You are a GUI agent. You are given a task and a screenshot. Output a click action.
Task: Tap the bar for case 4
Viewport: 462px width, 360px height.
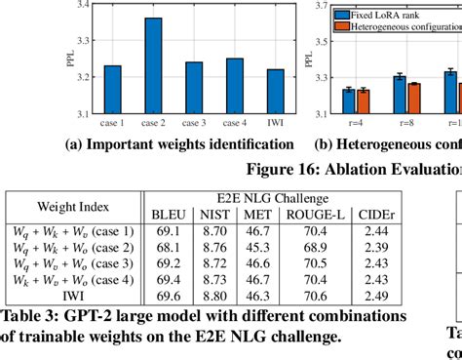click(235, 87)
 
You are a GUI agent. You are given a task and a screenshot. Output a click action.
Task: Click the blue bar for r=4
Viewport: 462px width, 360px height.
click(348, 102)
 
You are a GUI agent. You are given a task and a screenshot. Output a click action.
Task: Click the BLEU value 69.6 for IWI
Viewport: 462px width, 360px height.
click(162, 292)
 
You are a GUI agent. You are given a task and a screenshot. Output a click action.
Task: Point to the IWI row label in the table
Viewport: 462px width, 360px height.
click(74, 292)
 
